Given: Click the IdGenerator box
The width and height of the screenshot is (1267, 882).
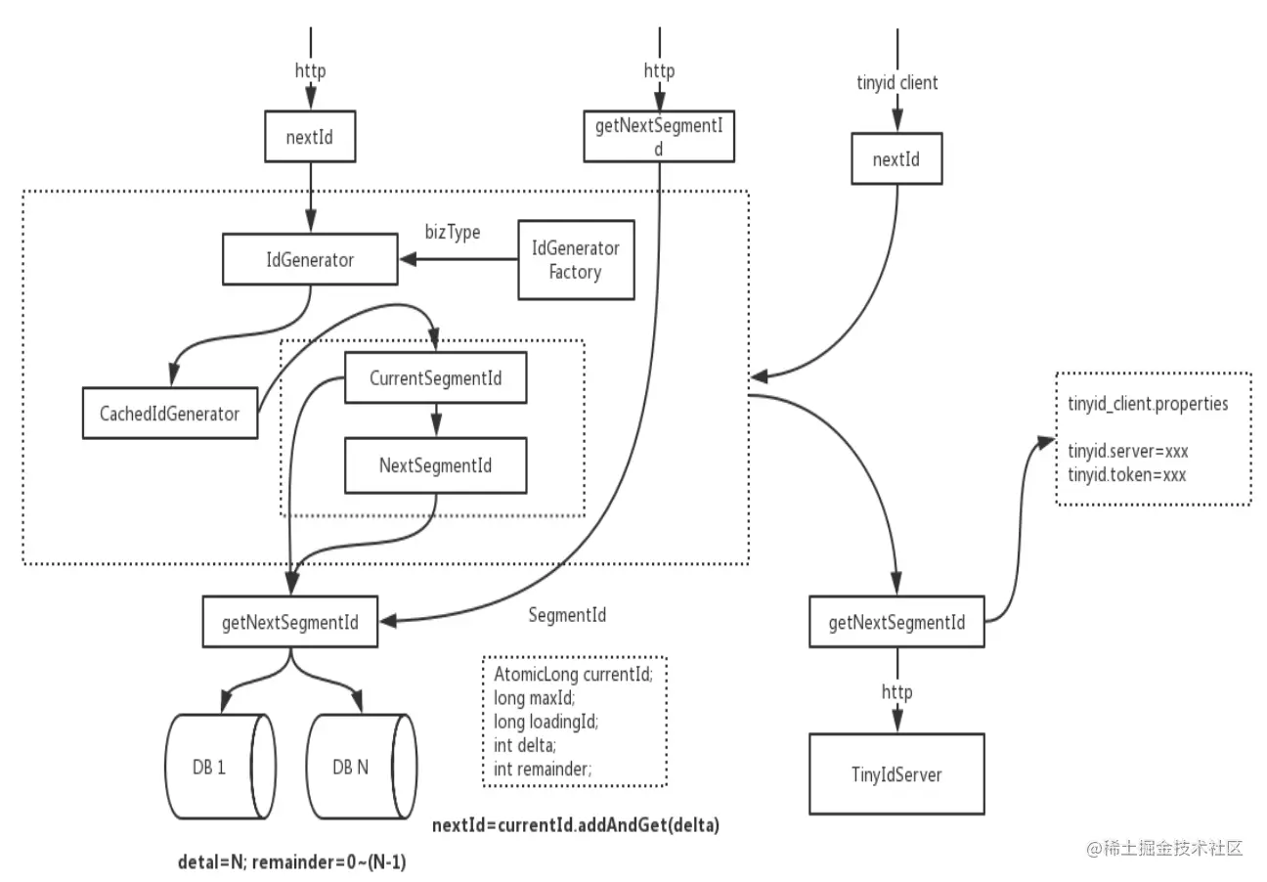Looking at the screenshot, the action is [310, 259].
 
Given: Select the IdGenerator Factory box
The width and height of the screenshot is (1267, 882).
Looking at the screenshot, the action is [576, 260].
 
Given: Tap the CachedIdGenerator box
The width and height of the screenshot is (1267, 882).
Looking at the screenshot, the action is [170, 413].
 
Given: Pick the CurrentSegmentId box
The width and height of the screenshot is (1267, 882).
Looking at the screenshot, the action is [436, 377].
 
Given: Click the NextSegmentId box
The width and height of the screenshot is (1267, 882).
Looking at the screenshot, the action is [436, 465].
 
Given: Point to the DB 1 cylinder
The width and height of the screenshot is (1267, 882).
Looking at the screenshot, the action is [220, 767].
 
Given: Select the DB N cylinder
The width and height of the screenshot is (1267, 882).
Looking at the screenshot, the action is [362, 767].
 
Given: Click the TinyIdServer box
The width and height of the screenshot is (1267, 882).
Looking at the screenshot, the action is [896, 773].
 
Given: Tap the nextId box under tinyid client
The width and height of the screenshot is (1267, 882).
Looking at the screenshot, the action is [896, 158].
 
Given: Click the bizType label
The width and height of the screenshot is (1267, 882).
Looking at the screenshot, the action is [453, 232].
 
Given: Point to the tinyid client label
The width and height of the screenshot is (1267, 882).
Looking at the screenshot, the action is [897, 82].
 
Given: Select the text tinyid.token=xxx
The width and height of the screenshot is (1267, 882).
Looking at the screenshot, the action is [1126, 474].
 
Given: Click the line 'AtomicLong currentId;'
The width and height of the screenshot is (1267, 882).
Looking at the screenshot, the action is [573, 674].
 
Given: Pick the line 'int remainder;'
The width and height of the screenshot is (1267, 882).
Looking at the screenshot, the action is [543, 769].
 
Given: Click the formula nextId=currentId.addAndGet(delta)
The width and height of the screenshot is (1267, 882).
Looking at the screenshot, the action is [576, 825].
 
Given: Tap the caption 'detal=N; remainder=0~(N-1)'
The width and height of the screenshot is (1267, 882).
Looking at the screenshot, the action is [292, 861].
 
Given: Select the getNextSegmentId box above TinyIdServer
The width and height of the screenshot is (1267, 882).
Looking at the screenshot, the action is [896, 621].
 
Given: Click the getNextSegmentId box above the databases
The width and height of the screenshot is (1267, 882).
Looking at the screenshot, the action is [290, 621].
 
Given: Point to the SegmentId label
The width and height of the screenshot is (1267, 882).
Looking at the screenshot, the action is [567, 614].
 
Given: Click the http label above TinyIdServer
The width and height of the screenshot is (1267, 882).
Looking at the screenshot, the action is [897, 691].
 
